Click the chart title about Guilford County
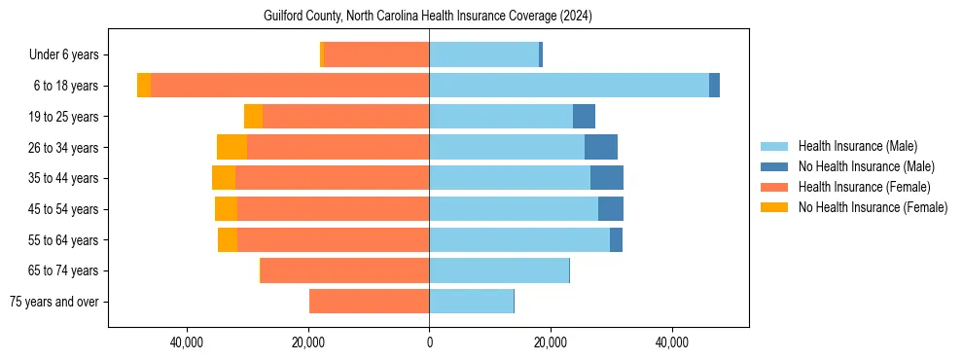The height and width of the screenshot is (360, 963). pyautogui.click(x=428, y=17)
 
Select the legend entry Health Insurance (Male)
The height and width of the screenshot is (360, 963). pyautogui.click(x=856, y=146)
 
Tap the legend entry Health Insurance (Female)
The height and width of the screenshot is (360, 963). pyautogui.click(x=864, y=187)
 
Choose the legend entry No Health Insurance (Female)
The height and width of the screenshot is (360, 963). pyautogui.click(x=873, y=207)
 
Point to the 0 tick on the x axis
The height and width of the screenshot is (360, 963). pyautogui.click(x=429, y=342)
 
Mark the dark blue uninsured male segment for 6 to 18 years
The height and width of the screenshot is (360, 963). pyautogui.click(x=714, y=86)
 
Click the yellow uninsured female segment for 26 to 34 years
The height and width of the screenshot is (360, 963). pyautogui.click(x=232, y=147)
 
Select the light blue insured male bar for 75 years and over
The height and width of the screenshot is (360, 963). pyautogui.click(x=471, y=302)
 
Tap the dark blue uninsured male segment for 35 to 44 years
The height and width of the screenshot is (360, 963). pyautogui.click(x=607, y=178)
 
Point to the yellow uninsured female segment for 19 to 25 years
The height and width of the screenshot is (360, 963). pyautogui.click(x=253, y=117)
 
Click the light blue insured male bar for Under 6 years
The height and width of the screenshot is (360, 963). pyautogui.click(x=483, y=54)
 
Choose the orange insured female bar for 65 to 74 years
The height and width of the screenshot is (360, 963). pyautogui.click(x=344, y=270)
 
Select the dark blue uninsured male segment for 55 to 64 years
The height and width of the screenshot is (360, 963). pyautogui.click(x=616, y=239)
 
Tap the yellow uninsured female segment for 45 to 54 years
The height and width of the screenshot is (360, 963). pyautogui.click(x=226, y=209)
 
